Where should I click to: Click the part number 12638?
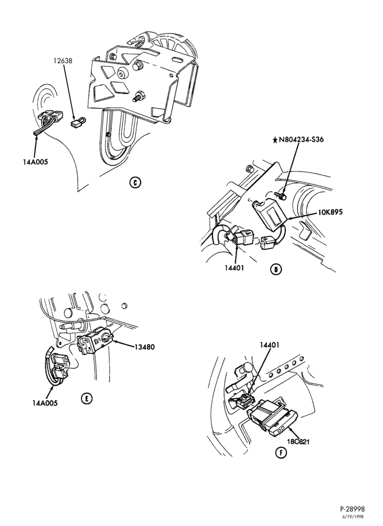click(x=63, y=61)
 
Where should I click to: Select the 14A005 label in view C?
click(x=36, y=161)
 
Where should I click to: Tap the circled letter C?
click(x=135, y=183)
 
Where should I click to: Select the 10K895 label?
click(x=331, y=213)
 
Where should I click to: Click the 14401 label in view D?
click(x=234, y=268)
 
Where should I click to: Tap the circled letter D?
click(x=276, y=269)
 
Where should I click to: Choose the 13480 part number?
click(x=145, y=347)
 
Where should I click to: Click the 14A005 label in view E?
click(x=45, y=403)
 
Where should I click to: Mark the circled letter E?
click(x=86, y=398)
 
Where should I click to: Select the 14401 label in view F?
click(x=269, y=345)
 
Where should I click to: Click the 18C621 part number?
click(x=297, y=441)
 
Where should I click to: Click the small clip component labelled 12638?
click(x=77, y=122)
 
